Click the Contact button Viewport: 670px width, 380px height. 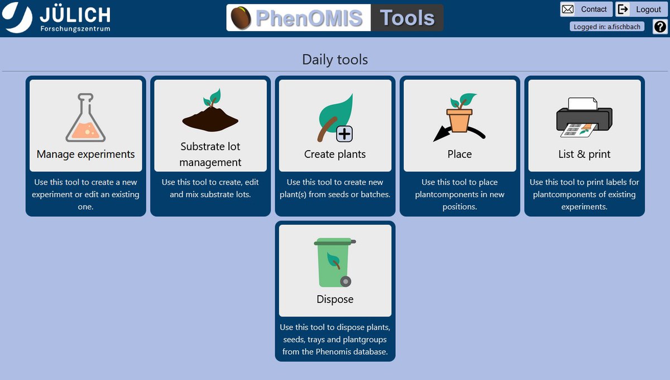(x=586, y=9)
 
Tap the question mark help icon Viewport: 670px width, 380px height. (x=660, y=27)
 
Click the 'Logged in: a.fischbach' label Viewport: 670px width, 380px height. (x=607, y=27)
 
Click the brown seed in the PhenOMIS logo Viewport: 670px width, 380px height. (x=241, y=18)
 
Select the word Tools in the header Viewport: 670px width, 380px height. (x=407, y=18)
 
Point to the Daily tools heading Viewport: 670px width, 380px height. (x=335, y=60)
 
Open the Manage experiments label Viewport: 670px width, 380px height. (x=85, y=154)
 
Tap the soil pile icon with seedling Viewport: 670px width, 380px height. (x=210, y=110)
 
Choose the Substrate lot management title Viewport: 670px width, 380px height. (x=210, y=154)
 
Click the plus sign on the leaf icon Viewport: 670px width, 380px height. (x=344, y=134)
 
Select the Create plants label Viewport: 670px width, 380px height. (x=335, y=154)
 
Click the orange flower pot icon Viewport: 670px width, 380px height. (x=460, y=120)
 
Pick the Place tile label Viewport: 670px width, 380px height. (x=460, y=154)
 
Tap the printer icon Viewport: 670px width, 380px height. (x=584, y=118)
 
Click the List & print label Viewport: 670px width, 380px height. (x=584, y=154)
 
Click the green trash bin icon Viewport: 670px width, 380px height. (x=334, y=262)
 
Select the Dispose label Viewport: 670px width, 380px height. (x=335, y=299)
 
